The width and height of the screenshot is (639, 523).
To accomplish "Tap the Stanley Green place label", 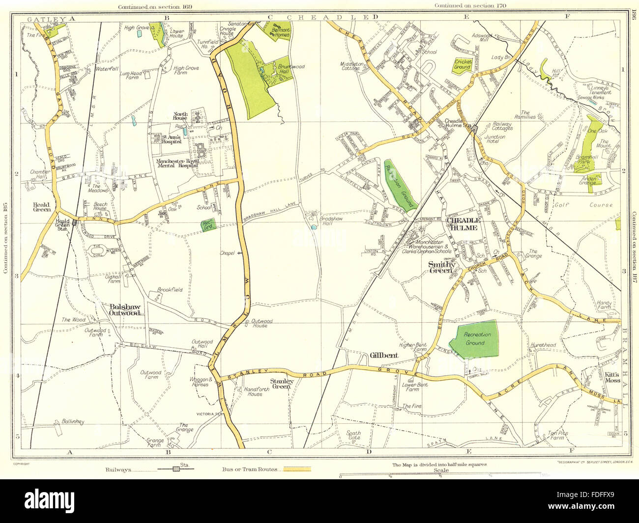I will (282, 384).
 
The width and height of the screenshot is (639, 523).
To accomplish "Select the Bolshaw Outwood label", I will (124, 310).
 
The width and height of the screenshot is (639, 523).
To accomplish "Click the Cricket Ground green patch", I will (463, 64).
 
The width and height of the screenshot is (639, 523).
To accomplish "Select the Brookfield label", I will (170, 290).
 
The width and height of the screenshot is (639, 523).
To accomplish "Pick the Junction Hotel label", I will (495, 139).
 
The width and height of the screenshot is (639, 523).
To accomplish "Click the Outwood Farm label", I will (150, 375).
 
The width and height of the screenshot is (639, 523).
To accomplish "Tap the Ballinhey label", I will (73, 421).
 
